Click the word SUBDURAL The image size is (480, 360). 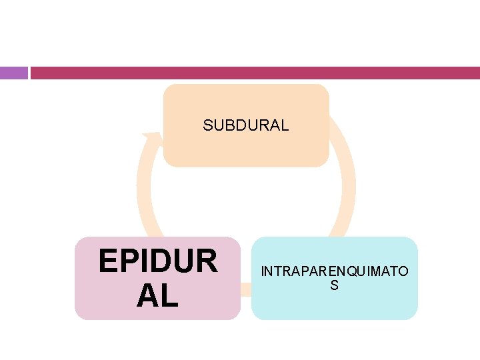246,125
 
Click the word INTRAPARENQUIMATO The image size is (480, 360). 335,272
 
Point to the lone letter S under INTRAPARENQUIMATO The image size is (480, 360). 335,285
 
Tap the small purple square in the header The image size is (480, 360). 13,73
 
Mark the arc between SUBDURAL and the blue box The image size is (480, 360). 344,180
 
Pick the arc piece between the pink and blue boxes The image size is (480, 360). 245,289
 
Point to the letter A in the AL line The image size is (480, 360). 148,295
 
